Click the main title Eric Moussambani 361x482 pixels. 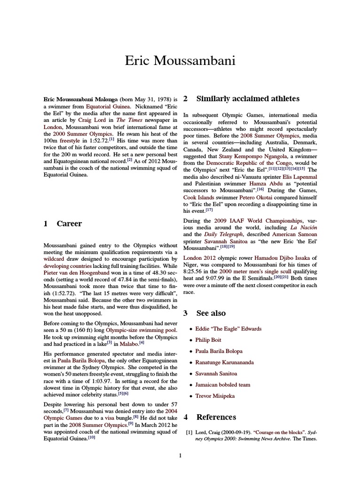180,61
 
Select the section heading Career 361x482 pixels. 69,224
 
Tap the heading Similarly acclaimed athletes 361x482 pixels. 248,99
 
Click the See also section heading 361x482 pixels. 211,313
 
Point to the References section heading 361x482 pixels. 216,417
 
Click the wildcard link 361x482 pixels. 55,259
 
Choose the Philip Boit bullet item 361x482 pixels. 208,340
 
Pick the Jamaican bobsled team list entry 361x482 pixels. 223,385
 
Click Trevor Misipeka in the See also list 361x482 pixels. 215,396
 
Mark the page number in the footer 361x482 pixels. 180,456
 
